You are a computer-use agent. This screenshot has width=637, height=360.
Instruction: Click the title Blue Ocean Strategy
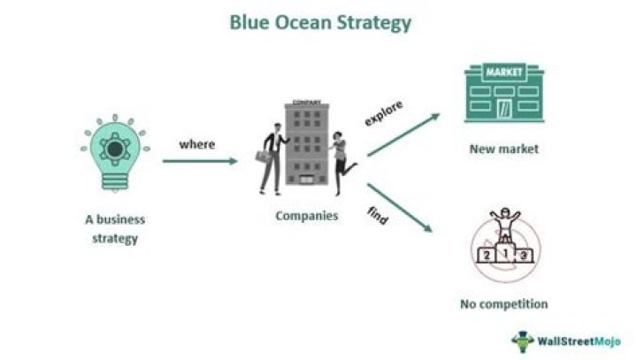click(x=320, y=22)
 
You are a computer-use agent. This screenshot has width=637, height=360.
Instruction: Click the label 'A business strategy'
click(x=115, y=227)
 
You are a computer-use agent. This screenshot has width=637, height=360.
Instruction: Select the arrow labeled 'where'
click(x=200, y=161)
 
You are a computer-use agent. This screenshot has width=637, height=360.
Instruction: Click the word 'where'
click(x=196, y=143)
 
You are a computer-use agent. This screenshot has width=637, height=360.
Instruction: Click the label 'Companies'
click(x=306, y=215)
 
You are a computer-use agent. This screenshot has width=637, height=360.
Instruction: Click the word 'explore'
click(x=382, y=112)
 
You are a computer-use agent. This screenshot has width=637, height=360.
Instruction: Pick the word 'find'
click(x=377, y=216)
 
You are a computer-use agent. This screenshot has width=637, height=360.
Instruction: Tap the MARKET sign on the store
click(x=503, y=71)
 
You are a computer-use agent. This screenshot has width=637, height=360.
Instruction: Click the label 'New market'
click(x=503, y=149)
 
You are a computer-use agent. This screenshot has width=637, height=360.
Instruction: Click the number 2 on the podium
click(x=485, y=254)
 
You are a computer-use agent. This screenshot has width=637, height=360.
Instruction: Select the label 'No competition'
click(x=503, y=304)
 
